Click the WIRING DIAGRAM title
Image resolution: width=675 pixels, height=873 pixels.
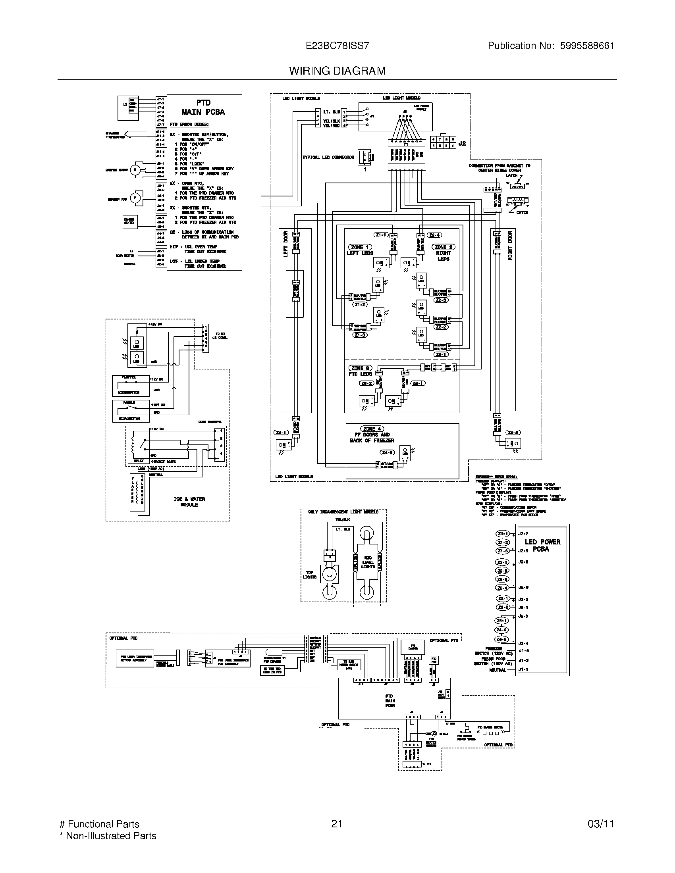click(x=337, y=71)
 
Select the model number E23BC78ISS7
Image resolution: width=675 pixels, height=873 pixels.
click(x=337, y=46)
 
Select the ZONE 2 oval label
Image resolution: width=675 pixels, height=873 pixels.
click(x=443, y=247)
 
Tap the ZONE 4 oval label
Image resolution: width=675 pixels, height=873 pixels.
click(x=372, y=429)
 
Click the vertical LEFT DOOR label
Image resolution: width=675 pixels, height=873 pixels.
click(x=285, y=244)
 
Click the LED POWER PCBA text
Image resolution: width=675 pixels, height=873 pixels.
click(x=542, y=545)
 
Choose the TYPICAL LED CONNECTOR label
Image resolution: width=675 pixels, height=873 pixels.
click(x=328, y=157)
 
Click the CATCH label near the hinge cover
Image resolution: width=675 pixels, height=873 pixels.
click(x=522, y=213)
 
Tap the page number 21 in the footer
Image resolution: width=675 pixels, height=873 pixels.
click(x=337, y=824)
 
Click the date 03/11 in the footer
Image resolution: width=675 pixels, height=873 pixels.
click(x=601, y=824)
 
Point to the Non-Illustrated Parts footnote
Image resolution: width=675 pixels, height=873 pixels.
click(x=108, y=836)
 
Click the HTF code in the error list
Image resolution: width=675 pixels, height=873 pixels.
click(x=173, y=247)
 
